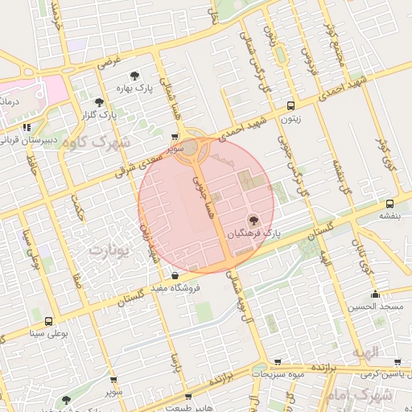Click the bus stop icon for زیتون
pyautogui.click(x=291, y=105)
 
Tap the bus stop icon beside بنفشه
pyautogui.click(x=389, y=204)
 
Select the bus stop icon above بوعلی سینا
pyautogui.click(x=48, y=320)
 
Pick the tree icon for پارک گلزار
pyautogui.click(x=99, y=102)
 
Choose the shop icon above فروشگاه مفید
pyautogui.click(x=175, y=275)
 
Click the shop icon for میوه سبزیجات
pyautogui.click(x=278, y=363)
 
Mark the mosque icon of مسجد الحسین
pyautogui.click(x=375, y=295)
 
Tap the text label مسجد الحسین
pyautogui.click(x=374, y=307)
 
